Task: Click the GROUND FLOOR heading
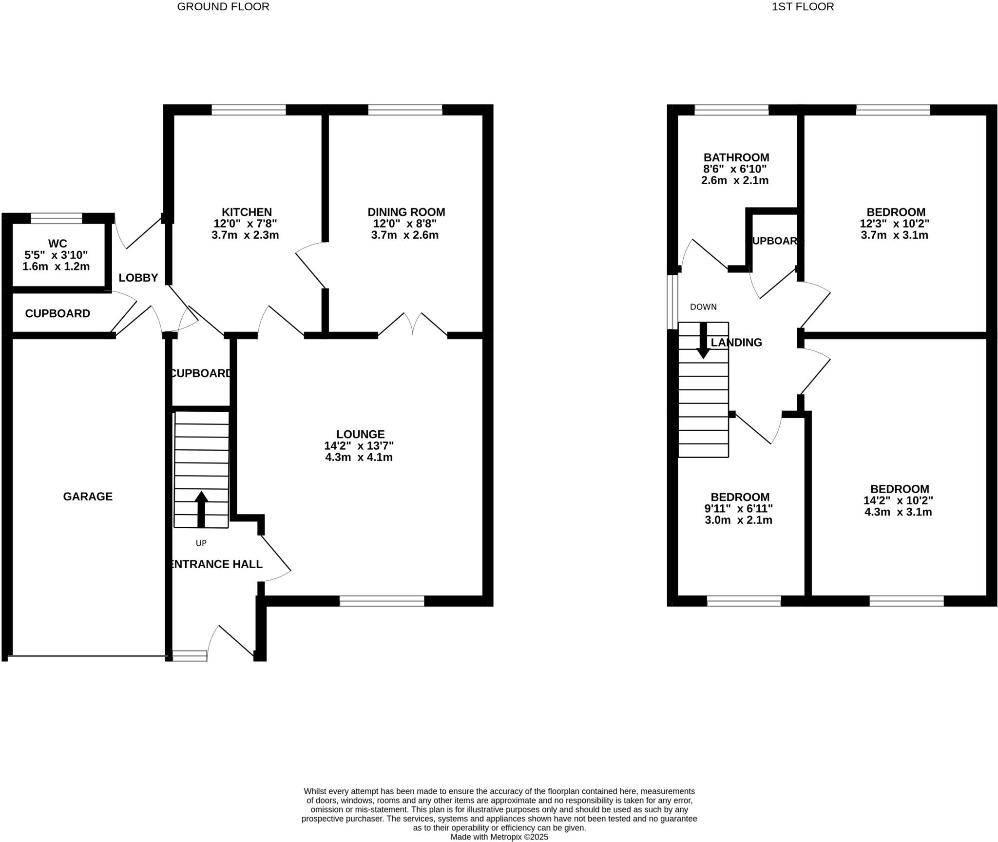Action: pyautogui.click(x=223, y=7)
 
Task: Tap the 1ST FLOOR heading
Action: pyautogui.click(x=803, y=7)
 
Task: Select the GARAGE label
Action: pyautogui.click(x=88, y=496)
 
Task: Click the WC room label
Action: pyautogui.click(x=58, y=244)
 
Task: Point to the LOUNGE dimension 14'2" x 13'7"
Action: pyautogui.click(x=359, y=445)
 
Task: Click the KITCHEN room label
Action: pyautogui.click(x=247, y=212)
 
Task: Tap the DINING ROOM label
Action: pyautogui.click(x=406, y=212)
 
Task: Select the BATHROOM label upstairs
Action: pyautogui.click(x=736, y=157)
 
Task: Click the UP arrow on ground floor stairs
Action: pyautogui.click(x=201, y=510)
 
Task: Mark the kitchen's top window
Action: pyautogui.click(x=249, y=110)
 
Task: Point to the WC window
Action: pyautogui.click(x=57, y=218)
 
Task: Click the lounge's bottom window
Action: pyautogui.click(x=382, y=601)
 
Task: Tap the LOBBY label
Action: pyautogui.click(x=138, y=278)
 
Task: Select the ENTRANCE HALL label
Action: pyautogui.click(x=215, y=564)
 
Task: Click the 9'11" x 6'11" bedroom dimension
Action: pyautogui.click(x=738, y=508)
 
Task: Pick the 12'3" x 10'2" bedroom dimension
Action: pyautogui.click(x=895, y=224)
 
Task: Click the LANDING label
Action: pyautogui.click(x=736, y=343)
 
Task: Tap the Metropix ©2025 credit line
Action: pyautogui.click(x=499, y=837)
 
